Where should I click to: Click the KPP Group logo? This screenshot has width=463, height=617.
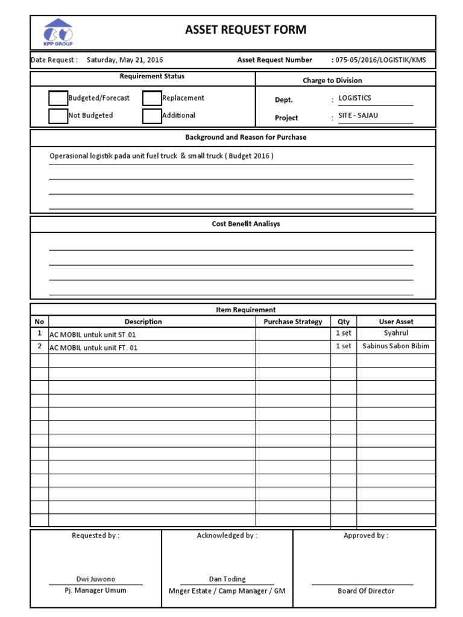pos(57,32)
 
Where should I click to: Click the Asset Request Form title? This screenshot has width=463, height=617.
pos(245,30)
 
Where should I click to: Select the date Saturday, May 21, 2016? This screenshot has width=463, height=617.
pos(125,60)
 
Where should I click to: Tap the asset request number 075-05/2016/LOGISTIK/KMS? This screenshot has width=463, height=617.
pos(382,60)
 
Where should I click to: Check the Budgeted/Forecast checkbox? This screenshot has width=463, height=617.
pos(58,98)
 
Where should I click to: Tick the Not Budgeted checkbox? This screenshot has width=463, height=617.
pos(58,116)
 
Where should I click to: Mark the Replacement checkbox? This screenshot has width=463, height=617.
pos(152,98)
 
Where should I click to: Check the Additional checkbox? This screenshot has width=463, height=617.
pos(152,116)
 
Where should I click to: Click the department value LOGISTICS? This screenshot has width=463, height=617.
pos(355,98)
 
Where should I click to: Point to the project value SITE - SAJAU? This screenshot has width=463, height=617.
pos(358,116)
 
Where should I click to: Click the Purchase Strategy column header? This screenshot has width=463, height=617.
pos(293,322)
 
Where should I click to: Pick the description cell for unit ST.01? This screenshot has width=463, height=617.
pos(96,334)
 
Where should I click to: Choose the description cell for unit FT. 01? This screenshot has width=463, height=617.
pos(93,348)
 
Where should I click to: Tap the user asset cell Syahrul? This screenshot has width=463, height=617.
pos(396,333)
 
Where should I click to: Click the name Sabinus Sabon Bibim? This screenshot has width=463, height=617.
pos(396,346)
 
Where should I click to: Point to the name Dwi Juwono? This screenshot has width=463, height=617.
pos(95,579)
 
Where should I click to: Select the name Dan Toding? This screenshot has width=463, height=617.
pos(227,579)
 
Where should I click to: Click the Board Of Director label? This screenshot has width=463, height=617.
pos(366,591)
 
